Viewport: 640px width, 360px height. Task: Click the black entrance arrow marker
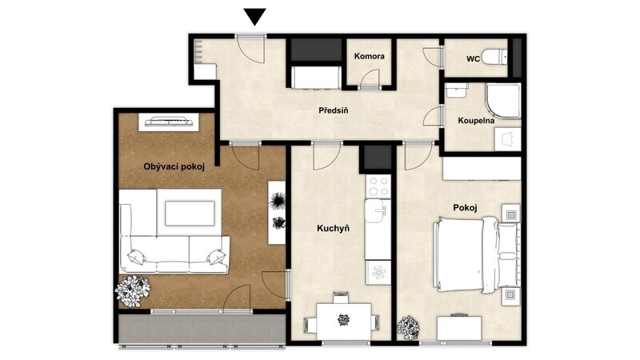255,17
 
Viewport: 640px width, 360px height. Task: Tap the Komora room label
370,56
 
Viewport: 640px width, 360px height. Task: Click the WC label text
473,58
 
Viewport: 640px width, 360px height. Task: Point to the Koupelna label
476,121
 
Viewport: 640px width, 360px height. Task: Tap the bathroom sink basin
456,90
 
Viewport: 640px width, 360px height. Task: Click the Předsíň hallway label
334,110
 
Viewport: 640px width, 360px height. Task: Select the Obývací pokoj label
174,166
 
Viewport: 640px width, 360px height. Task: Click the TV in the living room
169,122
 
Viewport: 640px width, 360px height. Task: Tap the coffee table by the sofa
190,213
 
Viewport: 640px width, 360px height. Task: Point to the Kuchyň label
333,229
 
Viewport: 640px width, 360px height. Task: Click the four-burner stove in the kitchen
378,186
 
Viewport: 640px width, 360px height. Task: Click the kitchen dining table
344,322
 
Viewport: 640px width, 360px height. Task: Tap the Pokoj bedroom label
465,208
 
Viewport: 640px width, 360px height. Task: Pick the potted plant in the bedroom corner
408,328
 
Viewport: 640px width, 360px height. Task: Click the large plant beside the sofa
132,291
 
